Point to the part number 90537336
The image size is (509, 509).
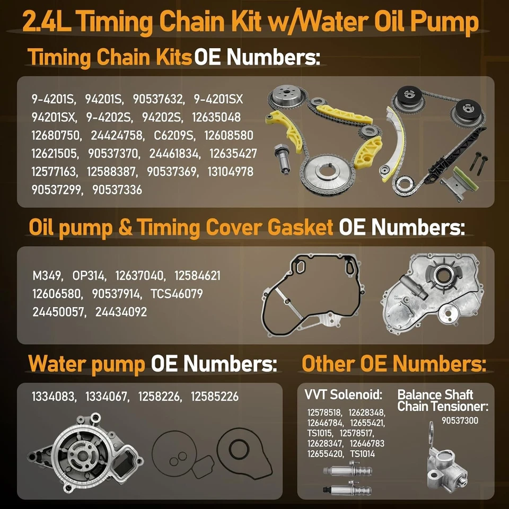(117, 190)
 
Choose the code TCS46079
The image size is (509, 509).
(177, 294)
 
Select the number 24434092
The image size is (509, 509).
(121, 312)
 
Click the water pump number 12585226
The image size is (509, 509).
(214, 397)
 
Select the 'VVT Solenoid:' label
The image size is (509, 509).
(343, 394)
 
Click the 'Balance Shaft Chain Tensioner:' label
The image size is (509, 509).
(442, 401)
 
